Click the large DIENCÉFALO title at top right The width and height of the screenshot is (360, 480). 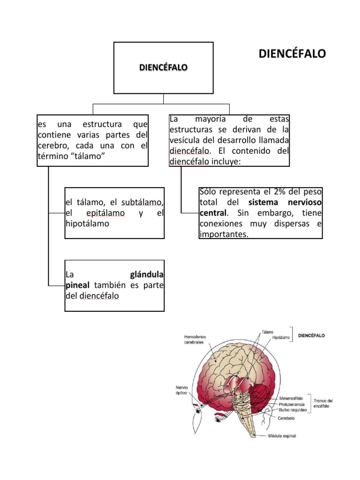[292, 54]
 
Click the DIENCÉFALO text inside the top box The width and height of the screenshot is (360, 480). [163, 67]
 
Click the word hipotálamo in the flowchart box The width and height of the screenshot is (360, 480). [87, 224]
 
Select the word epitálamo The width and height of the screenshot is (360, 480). [105, 213]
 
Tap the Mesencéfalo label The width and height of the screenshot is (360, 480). [291, 398]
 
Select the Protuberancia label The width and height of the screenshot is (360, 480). [292, 404]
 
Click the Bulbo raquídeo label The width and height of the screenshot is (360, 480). [293, 409]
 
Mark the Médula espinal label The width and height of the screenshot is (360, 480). [282, 436]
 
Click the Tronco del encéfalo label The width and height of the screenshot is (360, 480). [323, 404]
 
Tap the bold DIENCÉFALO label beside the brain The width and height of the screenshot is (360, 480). [312, 336]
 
